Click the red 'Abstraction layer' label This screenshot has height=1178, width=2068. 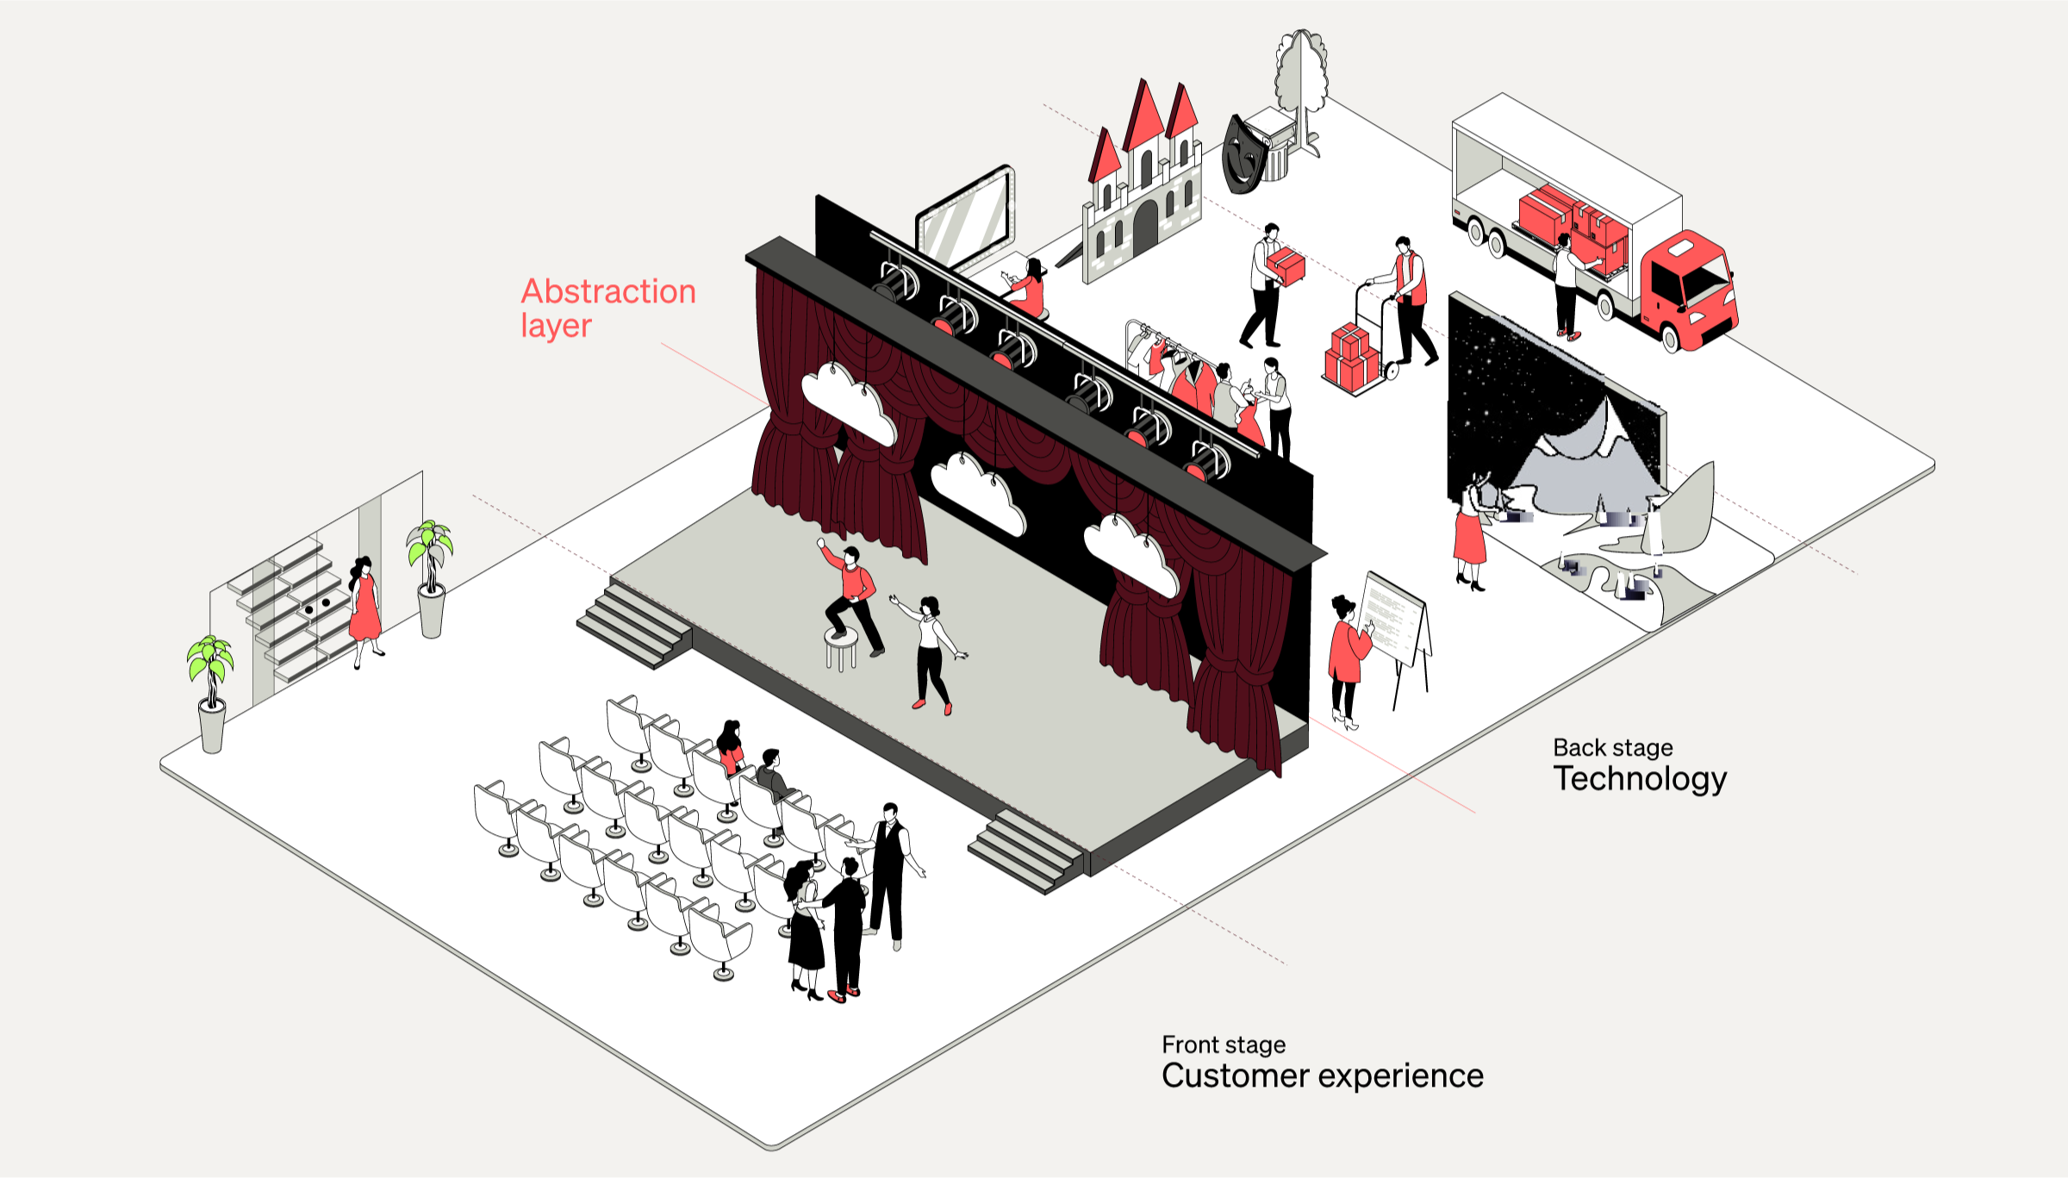(x=607, y=308)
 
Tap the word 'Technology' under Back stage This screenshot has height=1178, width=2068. (x=1640, y=778)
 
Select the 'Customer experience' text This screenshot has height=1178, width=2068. (x=1322, y=1075)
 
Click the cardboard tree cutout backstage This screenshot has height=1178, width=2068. (x=1302, y=82)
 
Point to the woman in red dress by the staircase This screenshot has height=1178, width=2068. (x=364, y=608)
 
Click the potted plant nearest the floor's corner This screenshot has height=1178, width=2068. (x=211, y=689)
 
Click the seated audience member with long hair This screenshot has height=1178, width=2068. (x=731, y=745)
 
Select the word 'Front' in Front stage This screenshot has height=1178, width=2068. (x=1189, y=1044)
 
